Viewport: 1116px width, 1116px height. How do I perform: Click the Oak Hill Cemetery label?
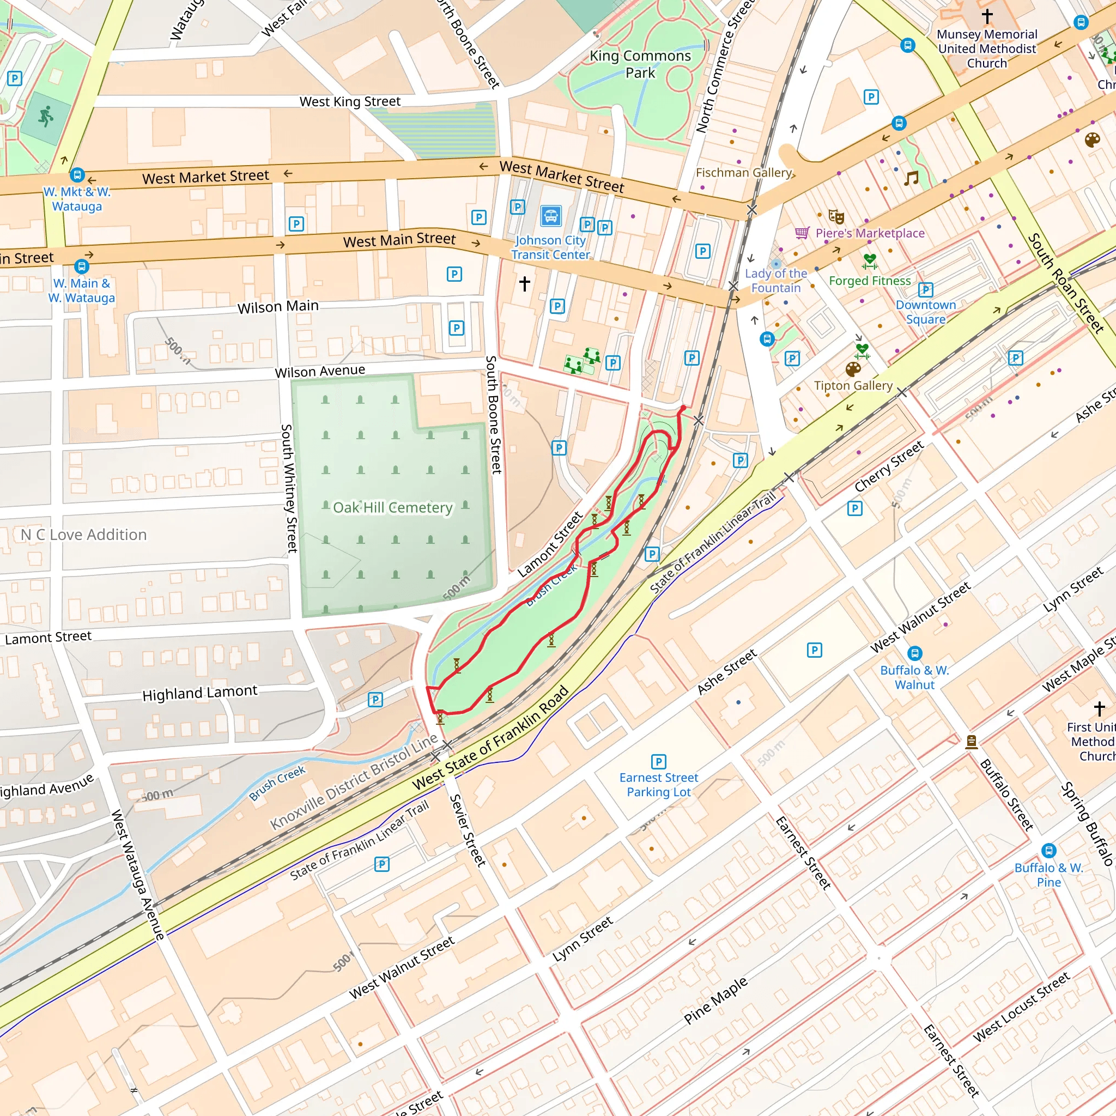[392, 508]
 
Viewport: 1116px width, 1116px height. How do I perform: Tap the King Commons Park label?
[640, 64]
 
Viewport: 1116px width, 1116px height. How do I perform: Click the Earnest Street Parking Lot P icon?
[658, 761]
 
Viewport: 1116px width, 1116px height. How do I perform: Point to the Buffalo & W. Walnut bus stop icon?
[914, 653]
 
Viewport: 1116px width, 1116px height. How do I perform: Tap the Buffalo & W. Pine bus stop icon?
[1049, 851]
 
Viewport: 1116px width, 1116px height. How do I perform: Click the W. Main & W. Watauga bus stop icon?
[81, 266]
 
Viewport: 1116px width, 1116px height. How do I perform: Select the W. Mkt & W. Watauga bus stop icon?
[77, 174]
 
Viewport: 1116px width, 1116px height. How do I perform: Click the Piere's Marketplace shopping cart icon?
[802, 233]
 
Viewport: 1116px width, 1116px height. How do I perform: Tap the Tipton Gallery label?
[853, 385]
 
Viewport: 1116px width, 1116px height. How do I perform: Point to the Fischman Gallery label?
[743, 173]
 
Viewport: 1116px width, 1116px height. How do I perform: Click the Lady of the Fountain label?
[776, 281]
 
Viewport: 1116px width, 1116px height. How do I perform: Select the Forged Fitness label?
[869, 281]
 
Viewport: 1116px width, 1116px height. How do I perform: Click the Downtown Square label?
[925, 312]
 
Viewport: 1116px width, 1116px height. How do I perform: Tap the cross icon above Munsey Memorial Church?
[987, 16]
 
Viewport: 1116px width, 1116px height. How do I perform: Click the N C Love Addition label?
[84, 535]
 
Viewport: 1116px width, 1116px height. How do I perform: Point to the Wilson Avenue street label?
[319, 372]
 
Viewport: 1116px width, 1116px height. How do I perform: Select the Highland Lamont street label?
[200, 693]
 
